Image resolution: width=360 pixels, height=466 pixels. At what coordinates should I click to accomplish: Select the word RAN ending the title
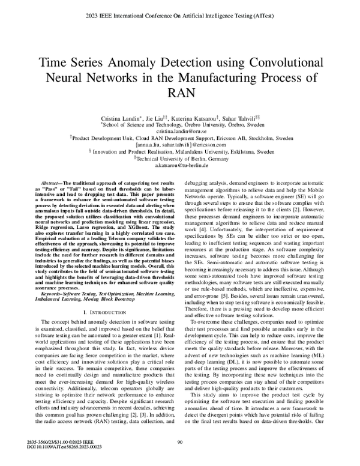point(180,93)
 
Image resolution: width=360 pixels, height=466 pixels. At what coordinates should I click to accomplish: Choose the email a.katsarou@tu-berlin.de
point(180,165)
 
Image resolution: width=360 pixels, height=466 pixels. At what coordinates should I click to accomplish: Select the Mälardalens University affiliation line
point(180,152)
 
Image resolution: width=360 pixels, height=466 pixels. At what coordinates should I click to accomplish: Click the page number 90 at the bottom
point(180,443)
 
